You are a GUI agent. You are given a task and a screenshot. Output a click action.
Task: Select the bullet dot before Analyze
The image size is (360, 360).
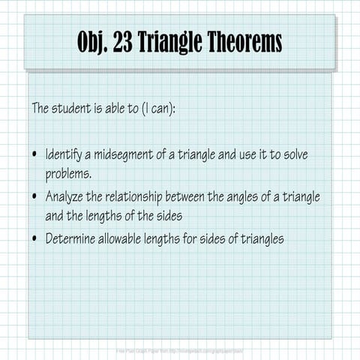pyautogui.click(x=35, y=197)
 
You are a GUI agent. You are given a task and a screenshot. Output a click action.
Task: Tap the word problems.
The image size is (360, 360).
pyautogui.click(x=68, y=174)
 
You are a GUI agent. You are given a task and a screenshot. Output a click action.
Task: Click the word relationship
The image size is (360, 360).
pyautogui.click(x=140, y=196)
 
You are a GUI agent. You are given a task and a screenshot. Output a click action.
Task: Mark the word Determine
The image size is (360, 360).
pyautogui.click(x=71, y=239)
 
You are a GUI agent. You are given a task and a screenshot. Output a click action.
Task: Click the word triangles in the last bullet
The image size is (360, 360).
pyautogui.click(x=259, y=239)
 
